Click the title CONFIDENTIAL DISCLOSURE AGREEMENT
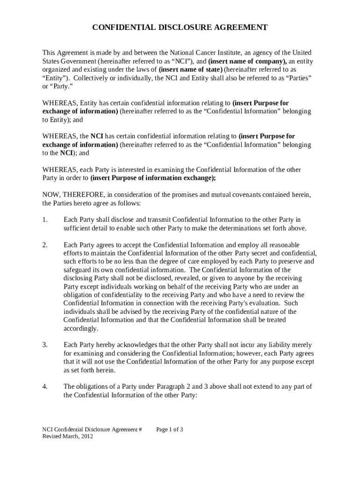pos(180,28)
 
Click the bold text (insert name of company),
pos(247,61)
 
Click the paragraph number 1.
pos(45,220)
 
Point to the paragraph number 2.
pos(45,245)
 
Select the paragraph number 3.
pos(45,345)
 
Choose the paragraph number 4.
pos(45,386)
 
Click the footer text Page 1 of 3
pos(170,429)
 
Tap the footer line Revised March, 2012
pos(68,436)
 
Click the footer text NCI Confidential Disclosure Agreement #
pos(92,429)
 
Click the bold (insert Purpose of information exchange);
pos(153,178)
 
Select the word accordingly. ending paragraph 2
pos(81,328)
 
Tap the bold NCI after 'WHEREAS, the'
pos(97,136)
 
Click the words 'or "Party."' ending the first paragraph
pos(58,87)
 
